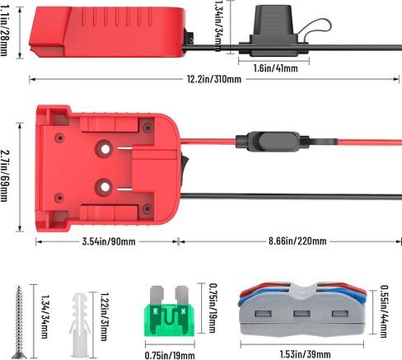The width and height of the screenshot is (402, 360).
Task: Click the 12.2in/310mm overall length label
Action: point(214,79)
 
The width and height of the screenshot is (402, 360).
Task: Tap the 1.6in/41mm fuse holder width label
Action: point(275,68)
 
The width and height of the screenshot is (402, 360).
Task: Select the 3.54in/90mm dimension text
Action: point(109,241)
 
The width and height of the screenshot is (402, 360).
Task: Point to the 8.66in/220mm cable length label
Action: point(297,241)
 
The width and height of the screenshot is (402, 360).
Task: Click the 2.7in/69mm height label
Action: point(4,175)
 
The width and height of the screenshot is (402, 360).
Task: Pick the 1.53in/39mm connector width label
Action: point(305,354)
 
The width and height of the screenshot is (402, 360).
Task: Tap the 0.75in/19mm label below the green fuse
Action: point(170,356)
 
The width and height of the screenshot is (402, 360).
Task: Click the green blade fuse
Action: point(170,311)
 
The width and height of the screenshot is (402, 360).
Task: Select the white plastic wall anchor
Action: point(80,325)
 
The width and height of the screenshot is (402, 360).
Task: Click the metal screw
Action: point(19,322)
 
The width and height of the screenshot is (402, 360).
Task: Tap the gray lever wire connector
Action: point(302,310)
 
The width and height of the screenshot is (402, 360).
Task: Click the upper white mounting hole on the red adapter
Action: point(105,149)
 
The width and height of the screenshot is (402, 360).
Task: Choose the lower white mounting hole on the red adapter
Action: point(105,187)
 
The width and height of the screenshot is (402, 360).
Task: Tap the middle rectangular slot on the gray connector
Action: point(301,314)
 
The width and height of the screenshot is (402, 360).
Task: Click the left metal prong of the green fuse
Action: point(157,295)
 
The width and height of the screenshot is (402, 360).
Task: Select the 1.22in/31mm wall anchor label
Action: point(104,316)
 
